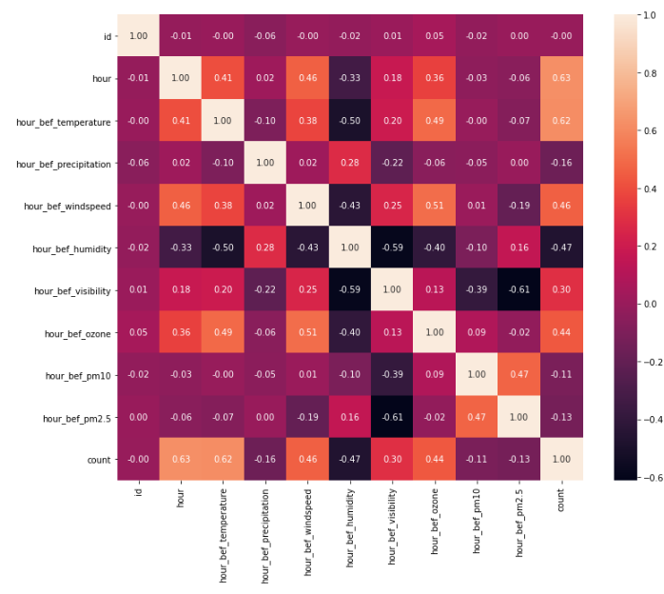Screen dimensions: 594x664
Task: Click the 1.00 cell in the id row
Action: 138,37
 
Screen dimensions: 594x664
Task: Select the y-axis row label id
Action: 107,37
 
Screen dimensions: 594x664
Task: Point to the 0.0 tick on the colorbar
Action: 650,303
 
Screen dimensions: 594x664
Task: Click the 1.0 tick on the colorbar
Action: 650,15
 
